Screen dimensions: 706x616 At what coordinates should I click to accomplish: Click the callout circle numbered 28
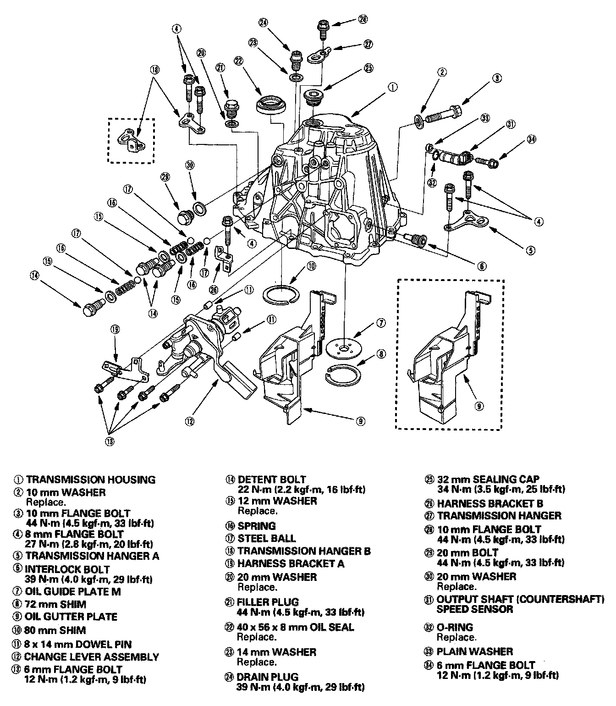(363, 20)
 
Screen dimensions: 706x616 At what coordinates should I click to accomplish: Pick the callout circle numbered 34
(531, 139)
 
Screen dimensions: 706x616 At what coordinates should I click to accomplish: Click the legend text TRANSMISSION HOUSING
(90, 480)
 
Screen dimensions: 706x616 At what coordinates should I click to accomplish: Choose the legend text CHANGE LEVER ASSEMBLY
(92, 656)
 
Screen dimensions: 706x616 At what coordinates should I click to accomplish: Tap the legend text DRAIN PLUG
(268, 677)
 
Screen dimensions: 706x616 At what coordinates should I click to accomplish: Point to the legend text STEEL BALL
(267, 538)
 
